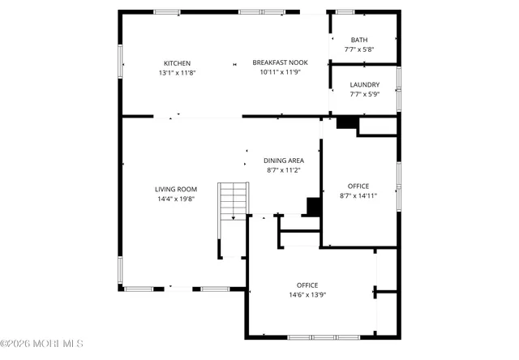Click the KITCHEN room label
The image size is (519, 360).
[177, 63]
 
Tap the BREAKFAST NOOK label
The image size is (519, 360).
[280, 63]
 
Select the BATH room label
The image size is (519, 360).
[358, 41]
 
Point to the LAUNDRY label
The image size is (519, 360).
[364, 84]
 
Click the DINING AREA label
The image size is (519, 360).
[284, 161]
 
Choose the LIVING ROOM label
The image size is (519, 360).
[176, 189]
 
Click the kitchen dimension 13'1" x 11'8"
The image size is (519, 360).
[177, 73]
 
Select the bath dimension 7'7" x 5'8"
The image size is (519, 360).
[358, 50]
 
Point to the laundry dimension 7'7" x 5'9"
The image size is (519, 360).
[364, 94]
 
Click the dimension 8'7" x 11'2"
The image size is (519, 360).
[284, 170]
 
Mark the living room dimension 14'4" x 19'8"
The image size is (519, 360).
[176, 199]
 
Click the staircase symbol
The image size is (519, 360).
[233, 200]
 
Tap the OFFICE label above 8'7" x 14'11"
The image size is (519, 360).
[358, 186]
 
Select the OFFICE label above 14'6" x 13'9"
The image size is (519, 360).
[307, 285]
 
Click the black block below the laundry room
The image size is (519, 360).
[347, 122]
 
